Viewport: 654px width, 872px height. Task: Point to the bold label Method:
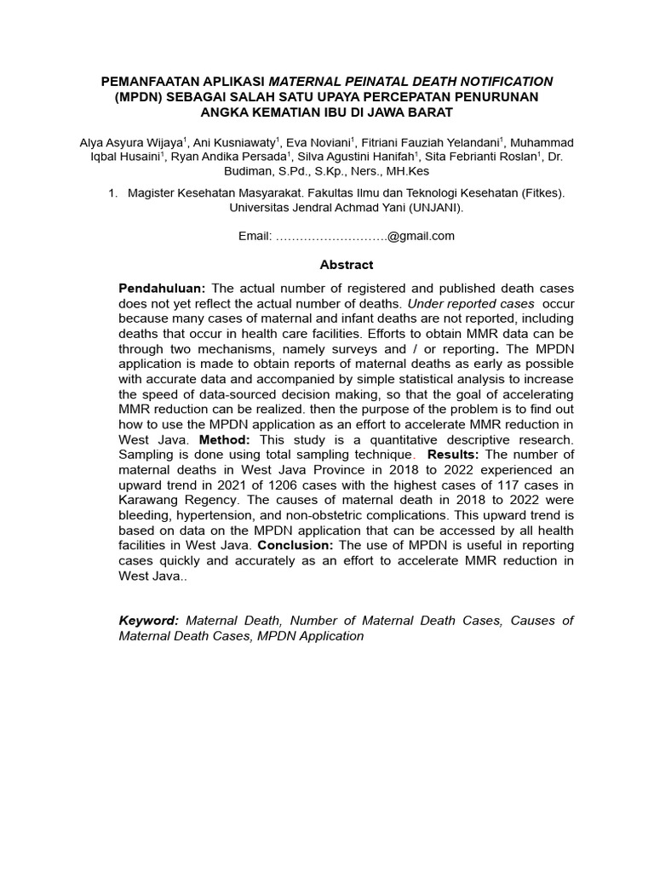click(x=226, y=439)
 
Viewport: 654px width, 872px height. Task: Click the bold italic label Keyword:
click(x=149, y=621)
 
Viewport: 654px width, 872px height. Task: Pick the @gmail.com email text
click(x=422, y=236)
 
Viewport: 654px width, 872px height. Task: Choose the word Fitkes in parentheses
click(x=542, y=193)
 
